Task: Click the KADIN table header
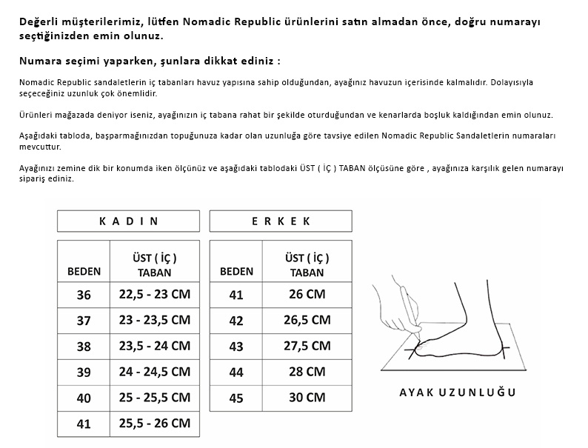pyautogui.click(x=128, y=221)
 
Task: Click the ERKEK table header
pyautogui.click(x=281, y=221)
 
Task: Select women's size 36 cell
pyautogui.click(x=84, y=295)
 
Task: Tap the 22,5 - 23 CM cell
pyautogui.click(x=154, y=295)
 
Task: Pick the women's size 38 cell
pyautogui.click(x=84, y=346)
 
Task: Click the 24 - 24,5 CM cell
pyautogui.click(x=154, y=372)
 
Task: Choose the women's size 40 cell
pyautogui.click(x=84, y=398)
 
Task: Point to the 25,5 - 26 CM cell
pyautogui.click(x=154, y=424)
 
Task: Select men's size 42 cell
pyautogui.click(x=236, y=321)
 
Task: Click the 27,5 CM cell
pyautogui.click(x=307, y=346)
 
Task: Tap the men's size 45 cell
pyautogui.click(x=236, y=398)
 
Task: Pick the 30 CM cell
pyautogui.click(x=307, y=398)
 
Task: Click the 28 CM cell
pyautogui.click(x=307, y=372)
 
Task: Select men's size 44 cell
pyautogui.click(x=236, y=372)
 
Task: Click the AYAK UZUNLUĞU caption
pyautogui.click(x=457, y=392)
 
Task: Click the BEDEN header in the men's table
pyautogui.click(x=236, y=271)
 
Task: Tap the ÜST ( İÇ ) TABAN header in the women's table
pyautogui.click(x=154, y=264)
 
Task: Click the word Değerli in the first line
pyautogui.click(x=41, y=21)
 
